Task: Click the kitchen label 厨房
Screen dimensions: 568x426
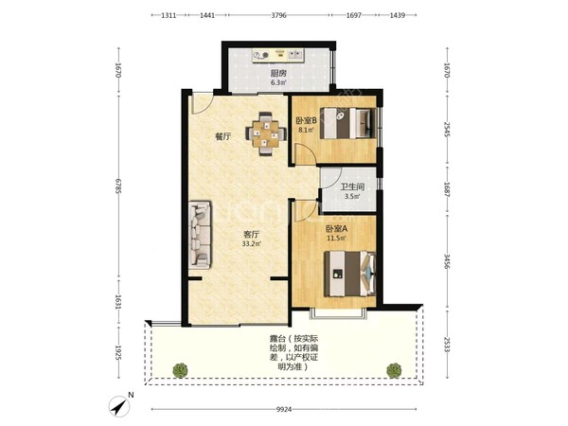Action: pos(278,73)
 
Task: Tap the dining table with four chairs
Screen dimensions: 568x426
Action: pos(266,133)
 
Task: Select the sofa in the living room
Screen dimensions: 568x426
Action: pos(200,235)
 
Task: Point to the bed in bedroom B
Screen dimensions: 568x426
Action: pos(348,122)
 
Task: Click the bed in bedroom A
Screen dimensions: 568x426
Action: pos(349,274)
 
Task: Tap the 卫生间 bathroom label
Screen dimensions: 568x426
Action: pos(352,187)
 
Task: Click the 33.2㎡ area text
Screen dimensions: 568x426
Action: pos(252,244)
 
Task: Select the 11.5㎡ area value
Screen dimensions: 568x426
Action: pos(336,238)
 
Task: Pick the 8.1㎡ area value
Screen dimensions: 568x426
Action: pos(306,130)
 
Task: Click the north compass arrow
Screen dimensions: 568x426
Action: pos(119,406)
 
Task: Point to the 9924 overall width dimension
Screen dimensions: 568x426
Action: pos(284,410)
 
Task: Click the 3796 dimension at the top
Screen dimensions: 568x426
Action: pos(279,15)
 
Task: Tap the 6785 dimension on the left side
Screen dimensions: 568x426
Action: pos(118,186)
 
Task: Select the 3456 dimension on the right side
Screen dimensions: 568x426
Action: pos(447,261)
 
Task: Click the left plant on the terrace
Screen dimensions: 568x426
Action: pos(180,370)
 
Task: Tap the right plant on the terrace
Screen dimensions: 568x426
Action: pos(394,370)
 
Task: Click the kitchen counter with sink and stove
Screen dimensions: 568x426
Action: pos(278,56)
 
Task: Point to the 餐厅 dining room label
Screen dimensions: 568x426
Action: pos(222,136)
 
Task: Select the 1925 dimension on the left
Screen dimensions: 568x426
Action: pos(118,352)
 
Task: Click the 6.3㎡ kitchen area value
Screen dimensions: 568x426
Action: pos(278,82)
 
